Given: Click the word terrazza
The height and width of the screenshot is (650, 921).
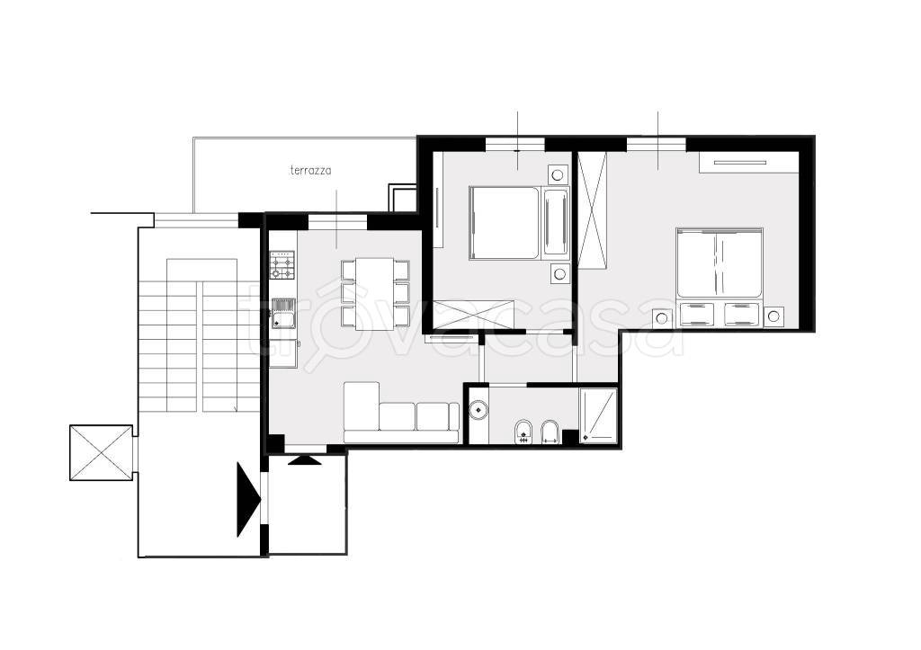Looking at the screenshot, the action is click(x=310, y=171).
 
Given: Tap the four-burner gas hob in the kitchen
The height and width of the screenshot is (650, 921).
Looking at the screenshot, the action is click(x=283, y=265).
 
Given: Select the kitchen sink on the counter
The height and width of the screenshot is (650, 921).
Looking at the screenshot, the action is click(x=283, y=314).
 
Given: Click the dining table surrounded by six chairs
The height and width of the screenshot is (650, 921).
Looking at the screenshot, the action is click(x=375, y=294).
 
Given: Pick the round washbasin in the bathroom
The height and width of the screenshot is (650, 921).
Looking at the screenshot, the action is click(x=479, y=408).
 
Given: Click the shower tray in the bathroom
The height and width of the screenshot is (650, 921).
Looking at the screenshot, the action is click(x=598, y=414).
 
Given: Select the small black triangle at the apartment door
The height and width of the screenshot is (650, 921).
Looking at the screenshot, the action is click(x=305, y=460).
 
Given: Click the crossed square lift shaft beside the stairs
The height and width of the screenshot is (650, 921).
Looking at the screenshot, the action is click(x=101, y=453).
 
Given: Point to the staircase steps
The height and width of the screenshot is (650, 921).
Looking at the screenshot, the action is click(x=199, y=335).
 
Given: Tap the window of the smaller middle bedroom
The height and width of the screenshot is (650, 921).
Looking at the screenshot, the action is click(x=515, y=144).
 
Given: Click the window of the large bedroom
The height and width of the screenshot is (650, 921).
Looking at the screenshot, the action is click(x=656, y=144).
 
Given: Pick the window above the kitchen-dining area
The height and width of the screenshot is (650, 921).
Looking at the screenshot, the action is click(x=338, y=221).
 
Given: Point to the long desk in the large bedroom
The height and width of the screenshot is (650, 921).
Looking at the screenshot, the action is click(x=749, y=162).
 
